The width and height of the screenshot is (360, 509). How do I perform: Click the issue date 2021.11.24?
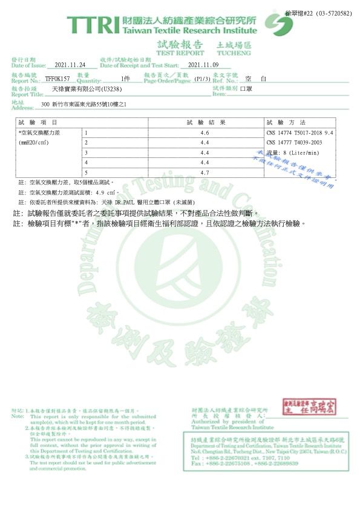(x=71, y=65)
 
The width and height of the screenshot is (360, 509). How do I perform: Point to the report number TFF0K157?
(x=57, y=79)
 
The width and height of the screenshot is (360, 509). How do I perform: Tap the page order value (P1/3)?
(x=202, y=79)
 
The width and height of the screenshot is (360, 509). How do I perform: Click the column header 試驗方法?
(x=286, y=122)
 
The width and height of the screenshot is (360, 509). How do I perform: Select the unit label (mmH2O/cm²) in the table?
(x=34, y=143)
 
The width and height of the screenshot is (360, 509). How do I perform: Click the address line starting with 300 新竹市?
(x=84, y=105)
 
